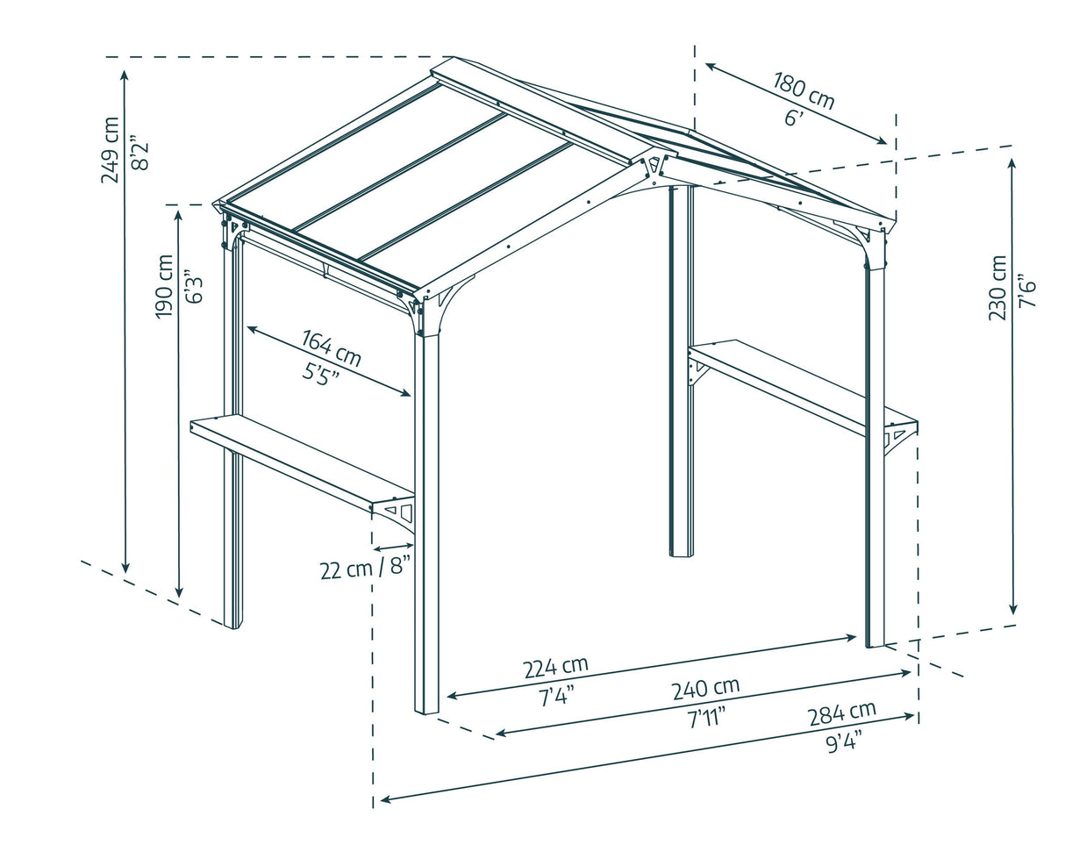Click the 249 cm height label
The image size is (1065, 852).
(x=111, y=149)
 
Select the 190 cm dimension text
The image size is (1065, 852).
(x=164, y=287)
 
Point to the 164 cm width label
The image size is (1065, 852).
(x=332, y=347)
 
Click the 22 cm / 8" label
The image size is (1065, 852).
(x=365, y=568)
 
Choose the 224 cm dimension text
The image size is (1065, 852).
(x=555, y=668)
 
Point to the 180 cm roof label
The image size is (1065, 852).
(x=804, y=89)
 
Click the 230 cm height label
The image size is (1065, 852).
(x=997, y=288)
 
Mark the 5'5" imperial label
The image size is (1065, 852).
(x=321, y=373)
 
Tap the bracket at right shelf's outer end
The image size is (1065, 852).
(x=898, y=436)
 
